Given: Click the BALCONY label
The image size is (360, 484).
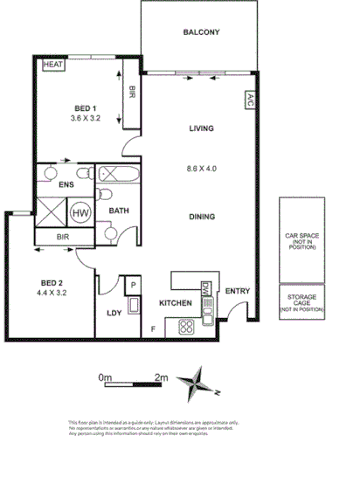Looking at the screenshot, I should tap(201, 33).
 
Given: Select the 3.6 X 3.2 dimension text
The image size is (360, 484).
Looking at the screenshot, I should tap(87, 116).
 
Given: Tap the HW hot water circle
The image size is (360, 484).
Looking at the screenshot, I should tap(80, 211).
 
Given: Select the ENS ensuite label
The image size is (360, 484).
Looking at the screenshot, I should tap(65, 184).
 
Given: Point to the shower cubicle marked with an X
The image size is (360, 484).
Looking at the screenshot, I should tap(50, 211).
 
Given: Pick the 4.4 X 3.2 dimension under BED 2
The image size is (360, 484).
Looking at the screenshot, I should tap(53, 294).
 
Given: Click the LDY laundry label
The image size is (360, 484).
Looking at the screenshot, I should tap(114, 312).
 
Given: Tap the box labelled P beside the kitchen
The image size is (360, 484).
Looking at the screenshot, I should tap(134, 286).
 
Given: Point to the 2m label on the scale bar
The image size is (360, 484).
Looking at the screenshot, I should tap(162, 377).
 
